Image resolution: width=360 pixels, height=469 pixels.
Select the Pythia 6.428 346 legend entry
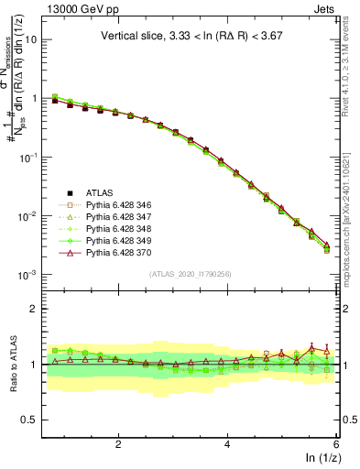[119, 204]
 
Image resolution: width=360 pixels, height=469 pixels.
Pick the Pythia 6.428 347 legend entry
[119, 216]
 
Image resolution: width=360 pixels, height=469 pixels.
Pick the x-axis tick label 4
[227, 443]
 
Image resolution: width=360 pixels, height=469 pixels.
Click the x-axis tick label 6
[336, 443]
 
